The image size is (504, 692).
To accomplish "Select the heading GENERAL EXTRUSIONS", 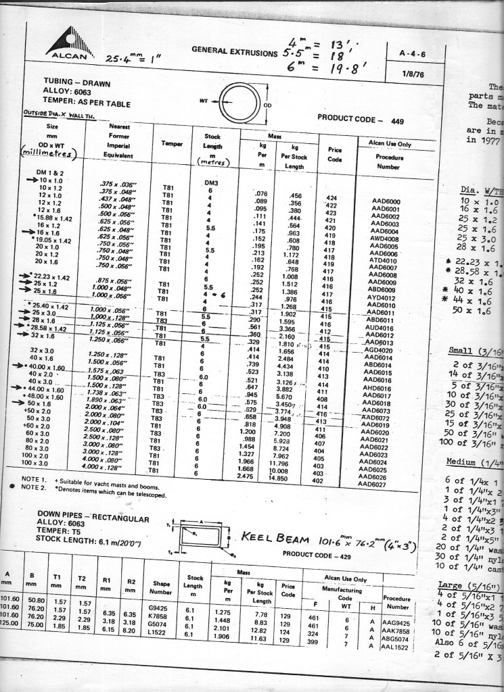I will pyautogui.click(x=234, y=50).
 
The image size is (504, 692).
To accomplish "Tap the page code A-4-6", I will pyautogui.click(x=412, y=53).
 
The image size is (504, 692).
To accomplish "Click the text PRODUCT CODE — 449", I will pyautogui.click(x=360, y=120).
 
